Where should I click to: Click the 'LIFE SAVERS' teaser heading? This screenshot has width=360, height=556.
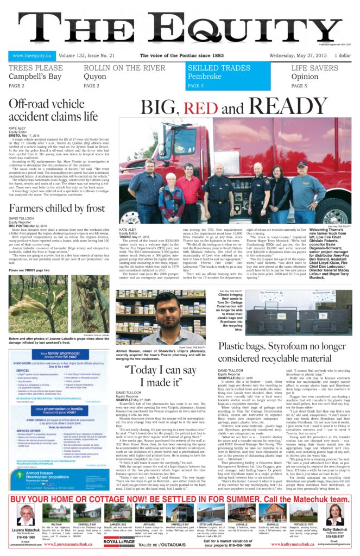click(315, 68)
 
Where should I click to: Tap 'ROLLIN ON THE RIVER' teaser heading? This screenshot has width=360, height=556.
click(124, 68)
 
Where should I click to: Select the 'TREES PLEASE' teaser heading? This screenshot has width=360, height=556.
click(35, 68)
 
